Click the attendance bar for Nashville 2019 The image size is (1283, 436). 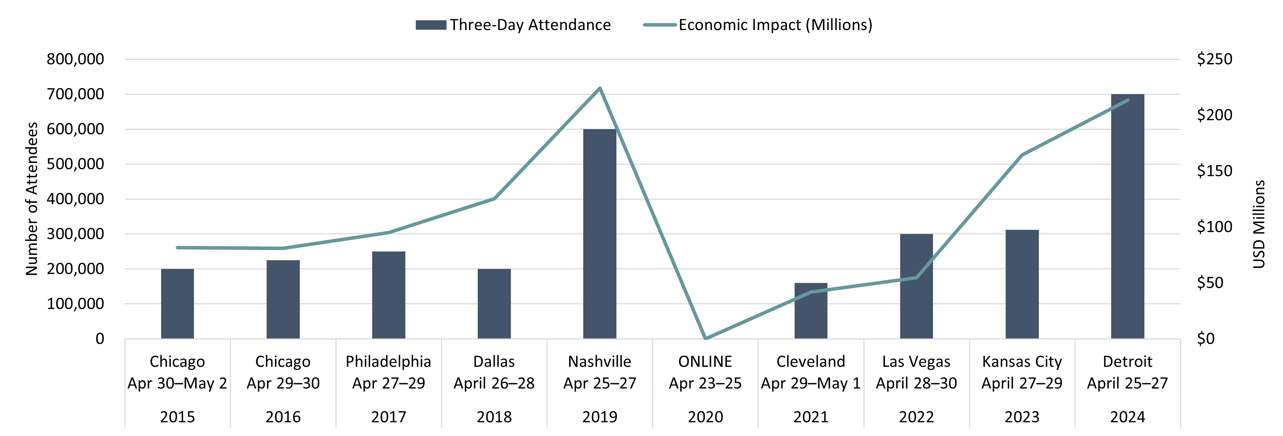[600, 234]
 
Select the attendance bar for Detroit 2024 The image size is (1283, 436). [1128, 217]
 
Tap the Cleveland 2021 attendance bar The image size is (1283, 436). [811, 312]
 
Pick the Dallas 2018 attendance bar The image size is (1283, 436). [494, 304]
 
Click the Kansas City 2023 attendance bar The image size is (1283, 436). [1022, 284]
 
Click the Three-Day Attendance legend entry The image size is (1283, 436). [513, 25]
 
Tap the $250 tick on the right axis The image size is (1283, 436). [1214, 59]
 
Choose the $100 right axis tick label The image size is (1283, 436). [1214, 227]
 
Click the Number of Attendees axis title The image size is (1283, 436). [31, 199]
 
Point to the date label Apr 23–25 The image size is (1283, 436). [705, 383]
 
